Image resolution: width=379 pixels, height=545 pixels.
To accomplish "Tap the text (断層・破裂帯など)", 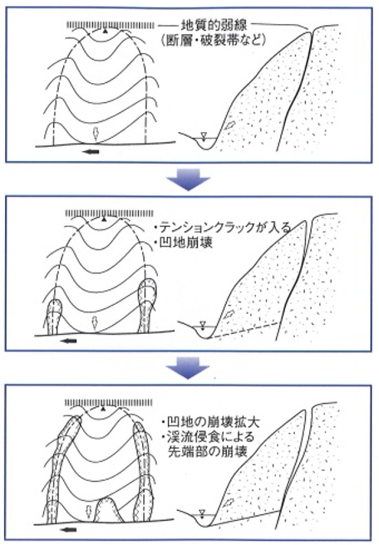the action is pyautogui.click(x=214, y=41).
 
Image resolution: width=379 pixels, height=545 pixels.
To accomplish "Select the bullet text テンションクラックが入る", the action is pyautogui.click(x=222, y=228).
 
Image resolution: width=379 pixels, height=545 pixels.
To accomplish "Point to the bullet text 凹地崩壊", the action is pyautogui.click(x=183, y=243).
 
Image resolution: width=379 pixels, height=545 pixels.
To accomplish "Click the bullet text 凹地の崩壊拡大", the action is pyautogui.click(x=211, y=422).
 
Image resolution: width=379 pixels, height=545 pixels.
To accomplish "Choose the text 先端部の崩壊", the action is pyautogui.click(x=208, y=451).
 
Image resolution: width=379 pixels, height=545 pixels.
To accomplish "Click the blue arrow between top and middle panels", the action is pyautogui.click(x=188, y=179).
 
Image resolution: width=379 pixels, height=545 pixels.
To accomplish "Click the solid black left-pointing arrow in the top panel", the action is pyautogui.click(x=92, y=151).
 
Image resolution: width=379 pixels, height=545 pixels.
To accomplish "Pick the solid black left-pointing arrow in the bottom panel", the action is pyautogui.click(x=68, y=529).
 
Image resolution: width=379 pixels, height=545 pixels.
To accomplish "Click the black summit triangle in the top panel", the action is pyautogui.click(x=105, y=32).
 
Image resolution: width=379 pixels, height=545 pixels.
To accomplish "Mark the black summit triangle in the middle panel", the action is pyautogui.click(x=103, y=219).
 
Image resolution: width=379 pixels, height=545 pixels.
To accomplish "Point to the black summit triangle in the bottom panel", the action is pyautogui.click(x=102, y=408).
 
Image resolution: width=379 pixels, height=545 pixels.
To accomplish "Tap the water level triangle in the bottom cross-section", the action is pyautogui.click(x=202, y=513).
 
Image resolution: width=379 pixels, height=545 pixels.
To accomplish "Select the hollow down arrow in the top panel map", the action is pyautogui.click(x=95, y=133).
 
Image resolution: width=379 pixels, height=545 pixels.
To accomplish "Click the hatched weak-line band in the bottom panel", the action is pyautogui.click(x=109, y=402).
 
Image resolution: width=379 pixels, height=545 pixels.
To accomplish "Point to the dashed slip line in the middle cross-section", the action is pyautogui.click(x=245, y=330).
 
